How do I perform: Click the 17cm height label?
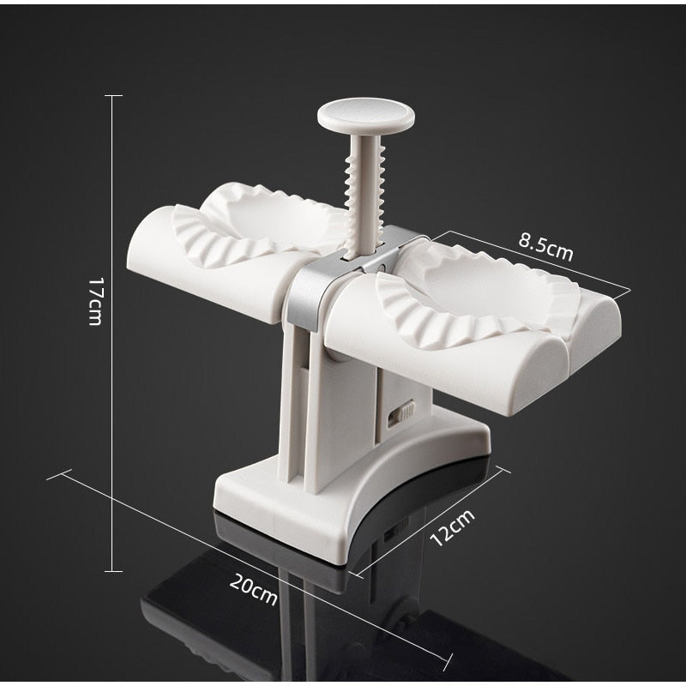pos(95,302)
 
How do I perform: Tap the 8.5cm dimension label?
pos(545,247)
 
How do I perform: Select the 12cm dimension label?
pos(452,527)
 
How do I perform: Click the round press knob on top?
pos(366,115)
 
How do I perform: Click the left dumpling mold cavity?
pos(258,223)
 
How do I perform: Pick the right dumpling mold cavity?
pos(477,298)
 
